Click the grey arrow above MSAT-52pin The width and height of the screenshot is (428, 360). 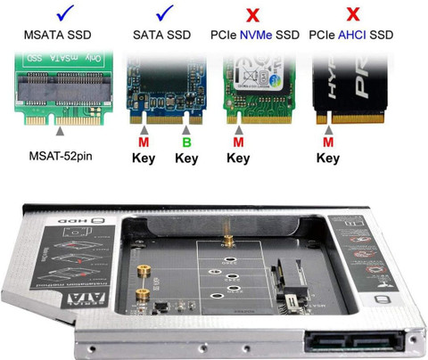[59, 131]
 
